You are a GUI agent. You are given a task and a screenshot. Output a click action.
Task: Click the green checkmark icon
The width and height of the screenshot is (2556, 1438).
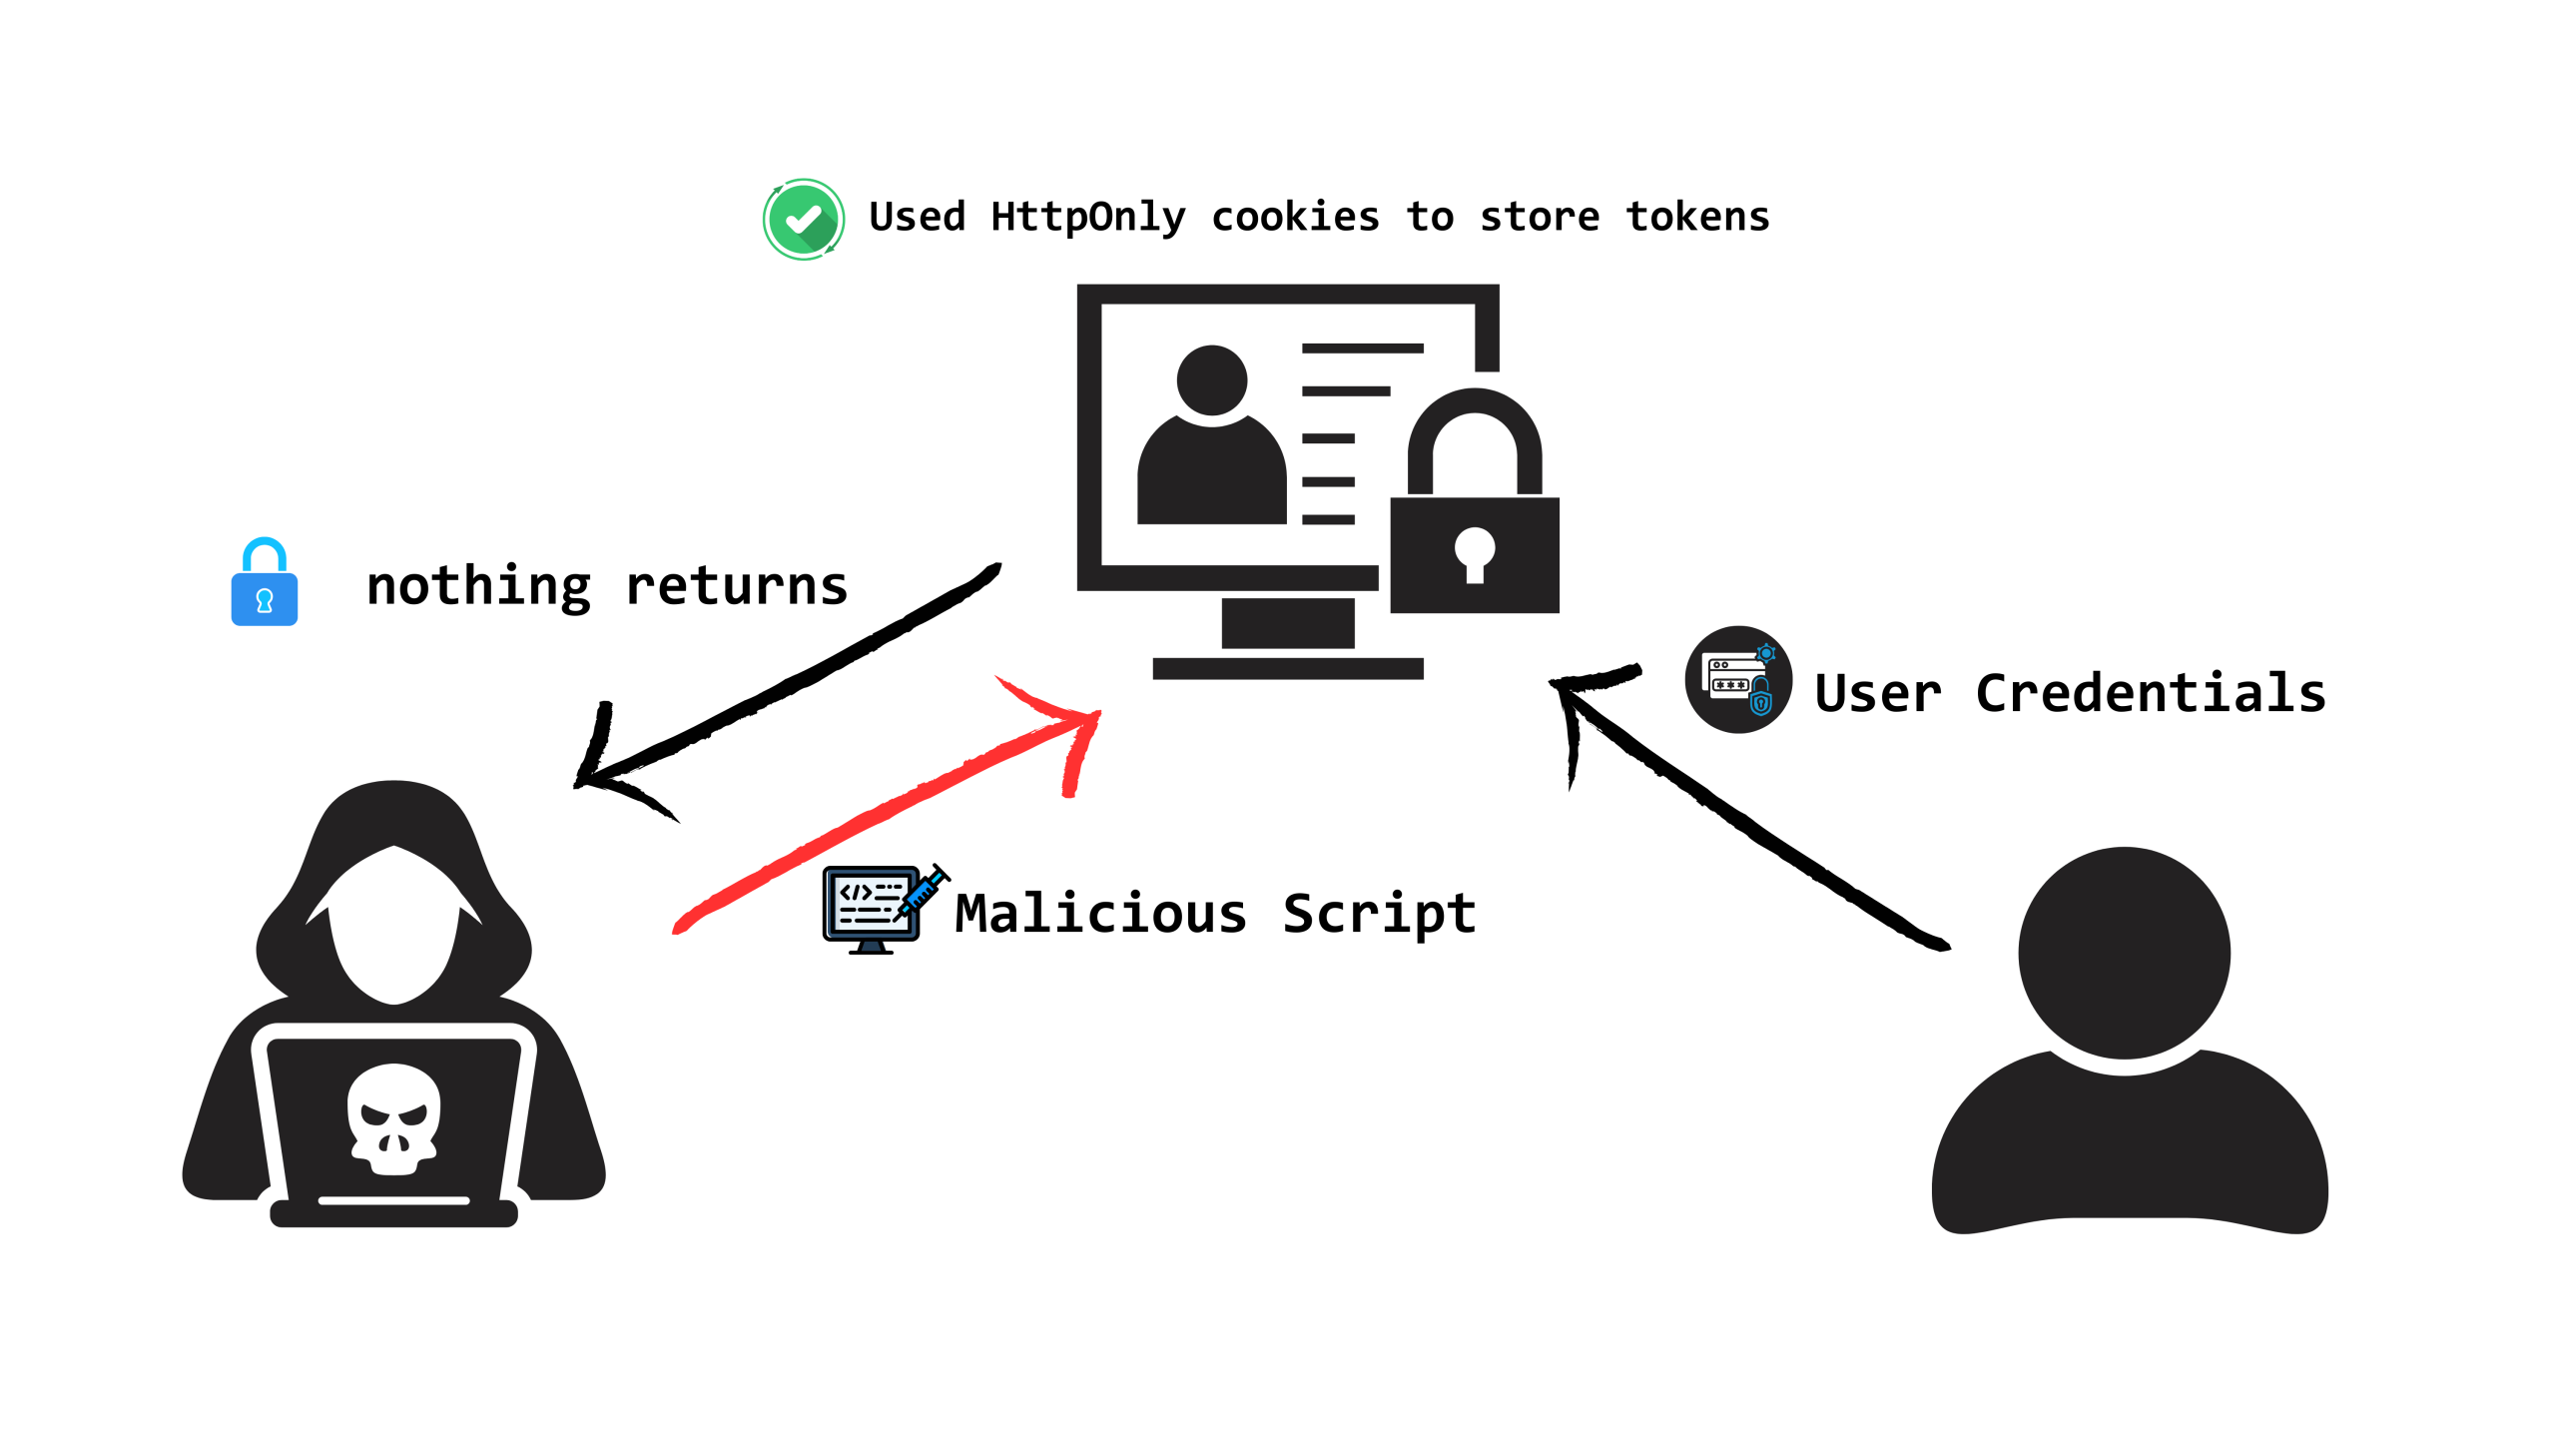tap(804, 220)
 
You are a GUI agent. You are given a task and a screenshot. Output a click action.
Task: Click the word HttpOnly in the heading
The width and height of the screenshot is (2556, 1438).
tap(1088, 217)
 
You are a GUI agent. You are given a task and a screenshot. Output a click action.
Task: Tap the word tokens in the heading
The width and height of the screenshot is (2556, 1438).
tap(1697, 217)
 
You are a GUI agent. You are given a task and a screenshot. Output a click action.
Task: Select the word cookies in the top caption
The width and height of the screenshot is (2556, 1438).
tap(1295, 217)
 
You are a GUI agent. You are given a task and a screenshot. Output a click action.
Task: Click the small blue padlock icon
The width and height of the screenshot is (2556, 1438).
tap(265, 582)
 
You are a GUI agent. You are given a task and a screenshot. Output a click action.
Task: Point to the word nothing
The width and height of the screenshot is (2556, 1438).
tap(479, 586)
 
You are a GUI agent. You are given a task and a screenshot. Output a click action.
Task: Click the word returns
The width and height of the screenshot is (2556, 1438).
tap(737, 587)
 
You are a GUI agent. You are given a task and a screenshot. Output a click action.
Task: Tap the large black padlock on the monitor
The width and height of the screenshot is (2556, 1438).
tap(1475, 501)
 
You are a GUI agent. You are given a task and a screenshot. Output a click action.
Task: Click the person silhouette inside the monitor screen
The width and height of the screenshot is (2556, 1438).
tap(1212, 435)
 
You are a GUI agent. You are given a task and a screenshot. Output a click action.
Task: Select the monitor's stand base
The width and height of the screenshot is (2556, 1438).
tap(1288, 669)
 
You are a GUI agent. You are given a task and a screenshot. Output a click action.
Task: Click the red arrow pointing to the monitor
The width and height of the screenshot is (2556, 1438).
tap(887, 805)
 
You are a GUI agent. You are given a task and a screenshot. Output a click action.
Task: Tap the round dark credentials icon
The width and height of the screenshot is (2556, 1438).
tap(1738, 680)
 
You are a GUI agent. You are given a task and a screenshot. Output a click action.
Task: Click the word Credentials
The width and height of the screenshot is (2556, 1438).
tap(2151, 693)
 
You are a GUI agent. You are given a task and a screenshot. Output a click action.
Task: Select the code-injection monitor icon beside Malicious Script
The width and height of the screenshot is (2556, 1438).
tap(885, 909)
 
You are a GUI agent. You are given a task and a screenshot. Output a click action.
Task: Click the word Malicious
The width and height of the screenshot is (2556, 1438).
tap(1100, 913)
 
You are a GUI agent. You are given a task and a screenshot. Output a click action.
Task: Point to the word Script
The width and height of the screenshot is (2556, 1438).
tap(1379, 914)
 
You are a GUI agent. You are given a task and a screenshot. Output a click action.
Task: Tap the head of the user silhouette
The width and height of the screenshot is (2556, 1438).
tap(2124, 954)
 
